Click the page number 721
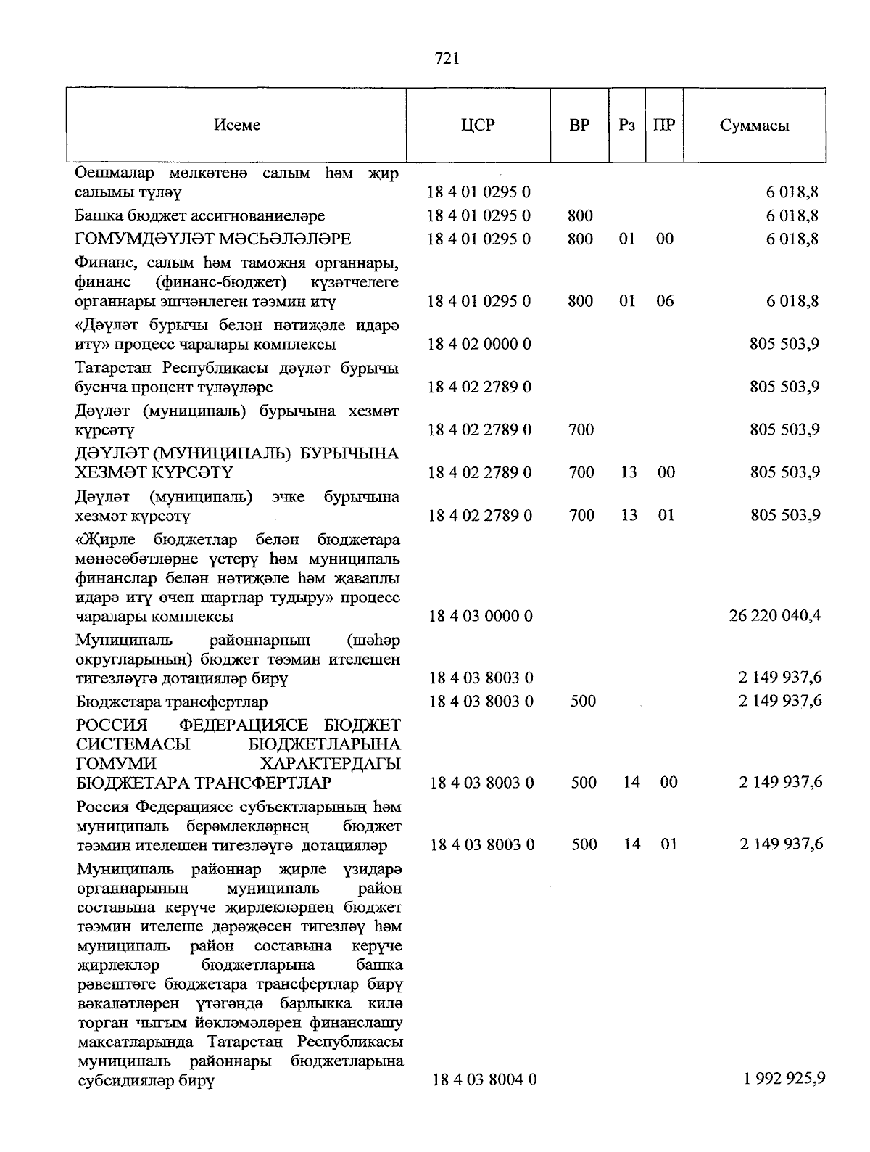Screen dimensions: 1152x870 (x=447, y=59)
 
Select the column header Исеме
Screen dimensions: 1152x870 (x=237, y=125)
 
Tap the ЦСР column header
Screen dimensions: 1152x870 (x=478, y=125)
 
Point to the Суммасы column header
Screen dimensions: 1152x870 (x=754, y=125)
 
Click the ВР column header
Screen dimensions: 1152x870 (x=579, y=125)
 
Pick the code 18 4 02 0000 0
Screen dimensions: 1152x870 (x=479, y=344)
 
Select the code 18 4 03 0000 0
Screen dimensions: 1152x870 (x=481, y=616)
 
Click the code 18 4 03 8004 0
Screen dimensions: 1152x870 (x=484, y=1079)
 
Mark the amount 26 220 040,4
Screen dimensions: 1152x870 (x=774, y=616)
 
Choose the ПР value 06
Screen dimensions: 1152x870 (x=664, y=300)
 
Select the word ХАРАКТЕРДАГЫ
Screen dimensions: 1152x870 (x=330, y=764)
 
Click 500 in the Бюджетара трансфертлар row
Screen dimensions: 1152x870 (x=584, y=701)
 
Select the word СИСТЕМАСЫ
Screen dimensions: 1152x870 (x=133, y=744)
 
